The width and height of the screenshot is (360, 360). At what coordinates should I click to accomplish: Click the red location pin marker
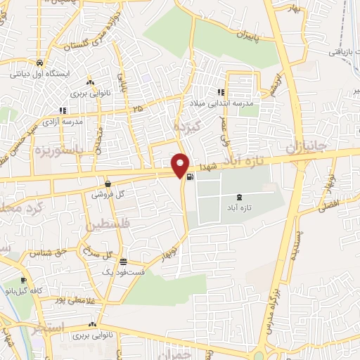point(180,165)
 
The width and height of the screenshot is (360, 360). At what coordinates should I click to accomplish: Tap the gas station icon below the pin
point(191,176)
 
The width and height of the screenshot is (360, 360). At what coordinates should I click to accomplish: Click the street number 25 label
point(138,108)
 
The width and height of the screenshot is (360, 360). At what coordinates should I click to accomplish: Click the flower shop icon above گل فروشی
point(107,183)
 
